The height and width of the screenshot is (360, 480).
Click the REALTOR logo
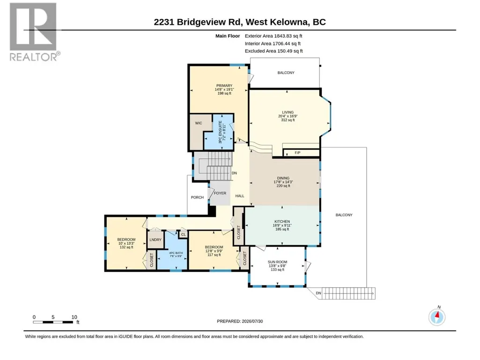(33, 32)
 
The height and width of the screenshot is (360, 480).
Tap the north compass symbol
(437, 316)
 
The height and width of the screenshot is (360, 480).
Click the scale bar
(53, 322)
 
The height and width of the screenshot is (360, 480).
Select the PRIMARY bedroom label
(224, 86)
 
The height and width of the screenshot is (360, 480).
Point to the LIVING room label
(288, 112)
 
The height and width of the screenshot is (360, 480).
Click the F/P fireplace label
(297, 153)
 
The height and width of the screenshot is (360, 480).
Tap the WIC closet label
(199, 123)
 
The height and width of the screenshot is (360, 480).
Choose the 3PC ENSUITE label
(220, 132)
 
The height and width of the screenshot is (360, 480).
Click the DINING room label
(283, 178)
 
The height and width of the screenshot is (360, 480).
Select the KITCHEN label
(282, 221)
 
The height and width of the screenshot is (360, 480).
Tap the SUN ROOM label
(277, 262)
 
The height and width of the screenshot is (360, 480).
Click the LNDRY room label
(155, 240)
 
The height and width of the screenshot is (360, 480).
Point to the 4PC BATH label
(176, 253)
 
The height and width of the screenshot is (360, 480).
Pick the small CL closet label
(184, 235)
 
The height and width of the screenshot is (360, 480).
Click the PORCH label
(197, 198)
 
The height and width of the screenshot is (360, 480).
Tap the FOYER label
(220, 193)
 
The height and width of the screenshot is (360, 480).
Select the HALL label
(240, 196)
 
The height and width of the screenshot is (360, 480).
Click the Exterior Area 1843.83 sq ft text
(273, 36)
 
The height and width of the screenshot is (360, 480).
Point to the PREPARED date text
(240, 321)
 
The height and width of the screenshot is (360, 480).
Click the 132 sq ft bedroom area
(126, 247)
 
